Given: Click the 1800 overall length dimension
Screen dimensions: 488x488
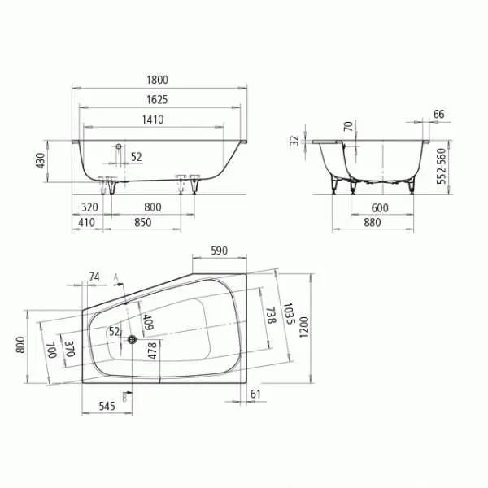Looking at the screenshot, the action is [x=157, y=80].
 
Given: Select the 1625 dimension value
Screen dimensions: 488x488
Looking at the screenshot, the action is [x=157, y=100].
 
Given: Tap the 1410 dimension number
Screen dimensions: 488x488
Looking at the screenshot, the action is [x=153, y=120].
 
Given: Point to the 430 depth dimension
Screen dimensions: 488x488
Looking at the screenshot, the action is [x=41, y=160].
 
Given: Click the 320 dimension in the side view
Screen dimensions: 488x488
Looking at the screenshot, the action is [x=89, y=207].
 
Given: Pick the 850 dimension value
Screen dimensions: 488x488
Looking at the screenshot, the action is [x=143, y=223].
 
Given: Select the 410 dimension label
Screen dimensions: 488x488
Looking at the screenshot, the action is [x=86, y=223].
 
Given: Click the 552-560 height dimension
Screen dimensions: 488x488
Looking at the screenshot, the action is [x=442, y=166].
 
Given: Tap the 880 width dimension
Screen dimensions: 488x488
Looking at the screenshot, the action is [x=373, y=223].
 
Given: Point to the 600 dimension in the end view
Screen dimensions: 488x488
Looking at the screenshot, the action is [x=380, y=208].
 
